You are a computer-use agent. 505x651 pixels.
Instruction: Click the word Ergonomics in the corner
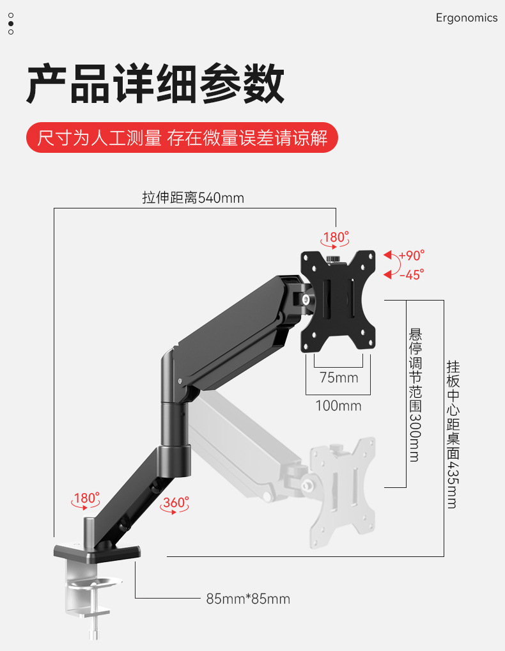pos(466,18)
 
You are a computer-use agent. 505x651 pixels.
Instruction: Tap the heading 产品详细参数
pos(155,84)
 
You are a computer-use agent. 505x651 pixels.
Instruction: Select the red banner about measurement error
pos(182,137)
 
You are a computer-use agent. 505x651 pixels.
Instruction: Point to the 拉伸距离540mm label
pos(193,198)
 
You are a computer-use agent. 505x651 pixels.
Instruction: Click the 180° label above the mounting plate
pos(335,238)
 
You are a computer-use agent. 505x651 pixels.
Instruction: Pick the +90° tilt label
pos(411,255)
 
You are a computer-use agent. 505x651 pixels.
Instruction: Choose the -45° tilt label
pos(411,275)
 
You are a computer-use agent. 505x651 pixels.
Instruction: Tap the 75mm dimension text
pos(339,377)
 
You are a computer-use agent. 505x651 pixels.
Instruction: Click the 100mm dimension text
pos(338,405)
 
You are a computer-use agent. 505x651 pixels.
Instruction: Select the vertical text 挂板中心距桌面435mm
pos(453,434)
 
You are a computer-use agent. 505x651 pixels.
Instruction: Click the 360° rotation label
pos(175,503)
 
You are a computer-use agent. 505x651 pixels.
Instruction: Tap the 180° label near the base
pos(86,498)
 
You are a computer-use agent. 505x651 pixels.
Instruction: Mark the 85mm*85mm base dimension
pos(248,599)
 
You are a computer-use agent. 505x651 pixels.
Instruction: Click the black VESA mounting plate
pos(338,301)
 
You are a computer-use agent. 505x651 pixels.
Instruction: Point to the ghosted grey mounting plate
pos(343,492)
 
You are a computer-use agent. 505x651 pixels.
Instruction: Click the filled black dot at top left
pos(11,23)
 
